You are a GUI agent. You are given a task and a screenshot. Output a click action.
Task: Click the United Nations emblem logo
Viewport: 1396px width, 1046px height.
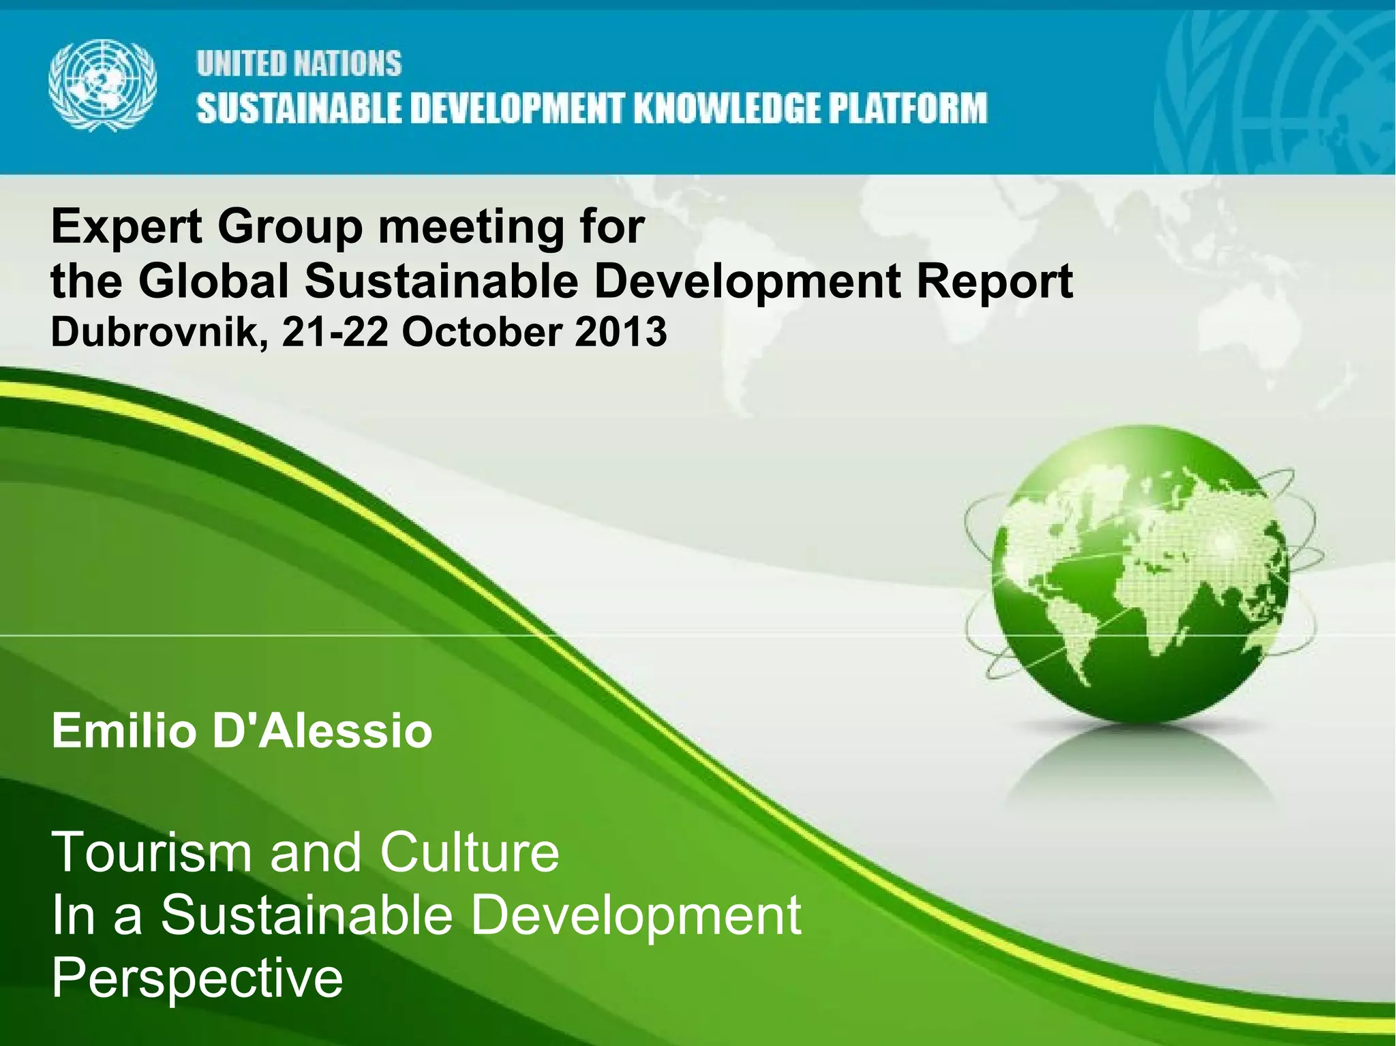(102, 84)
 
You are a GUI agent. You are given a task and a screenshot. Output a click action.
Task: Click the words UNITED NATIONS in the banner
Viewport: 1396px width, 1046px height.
(299, 64)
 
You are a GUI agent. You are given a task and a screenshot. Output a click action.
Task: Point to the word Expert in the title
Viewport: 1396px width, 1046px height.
(127, 228)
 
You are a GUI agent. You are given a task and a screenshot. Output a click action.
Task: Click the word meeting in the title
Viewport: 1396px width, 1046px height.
(471, 228)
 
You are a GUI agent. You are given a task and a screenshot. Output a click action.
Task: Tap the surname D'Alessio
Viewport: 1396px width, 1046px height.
(322, 731)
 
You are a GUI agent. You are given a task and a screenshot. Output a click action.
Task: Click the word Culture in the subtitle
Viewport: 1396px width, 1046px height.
(470, 852)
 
